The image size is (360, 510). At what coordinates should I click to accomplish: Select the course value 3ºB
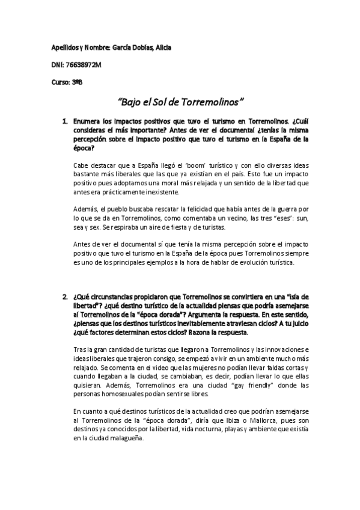pos(77,82)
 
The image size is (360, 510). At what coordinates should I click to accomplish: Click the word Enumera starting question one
pos(88,121)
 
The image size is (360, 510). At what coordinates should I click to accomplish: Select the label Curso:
pos(59,82)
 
